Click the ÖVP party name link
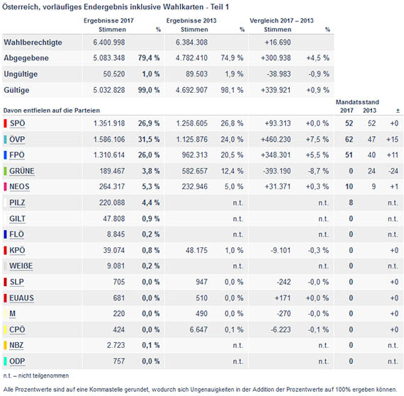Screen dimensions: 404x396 (x=17, y=140)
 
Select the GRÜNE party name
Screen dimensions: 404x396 (x=22, y=171)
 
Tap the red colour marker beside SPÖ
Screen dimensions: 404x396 (x=5, y=123)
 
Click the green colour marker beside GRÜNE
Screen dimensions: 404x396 (x=5, y=171)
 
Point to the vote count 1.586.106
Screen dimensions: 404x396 (x=109, y=140)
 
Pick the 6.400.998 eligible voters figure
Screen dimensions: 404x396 (x=109, y=43)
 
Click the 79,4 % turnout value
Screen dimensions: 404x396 (x=149, y=57)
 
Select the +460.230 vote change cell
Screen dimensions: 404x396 (x=276, y=140)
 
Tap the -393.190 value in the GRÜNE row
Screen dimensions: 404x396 (x=276, y=171)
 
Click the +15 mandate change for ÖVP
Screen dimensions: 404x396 (x=392, y=140)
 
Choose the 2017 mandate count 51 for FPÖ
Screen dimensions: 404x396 (x=349, y=155)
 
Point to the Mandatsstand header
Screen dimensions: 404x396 (x=357, y=102)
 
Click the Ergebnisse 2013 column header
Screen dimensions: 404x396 (x=191, y=21)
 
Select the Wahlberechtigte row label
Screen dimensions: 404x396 (x=33, y=43)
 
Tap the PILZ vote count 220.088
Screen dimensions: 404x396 (x=112, y=203)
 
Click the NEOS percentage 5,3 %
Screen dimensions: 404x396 (x=151, y=187)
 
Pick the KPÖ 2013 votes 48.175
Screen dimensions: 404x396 (x=196, y=250)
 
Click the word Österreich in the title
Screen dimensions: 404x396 (x=21, y=7)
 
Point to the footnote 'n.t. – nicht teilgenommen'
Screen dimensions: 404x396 (x=36, y=375)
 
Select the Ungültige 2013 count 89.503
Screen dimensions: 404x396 (x=196, y=74)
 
